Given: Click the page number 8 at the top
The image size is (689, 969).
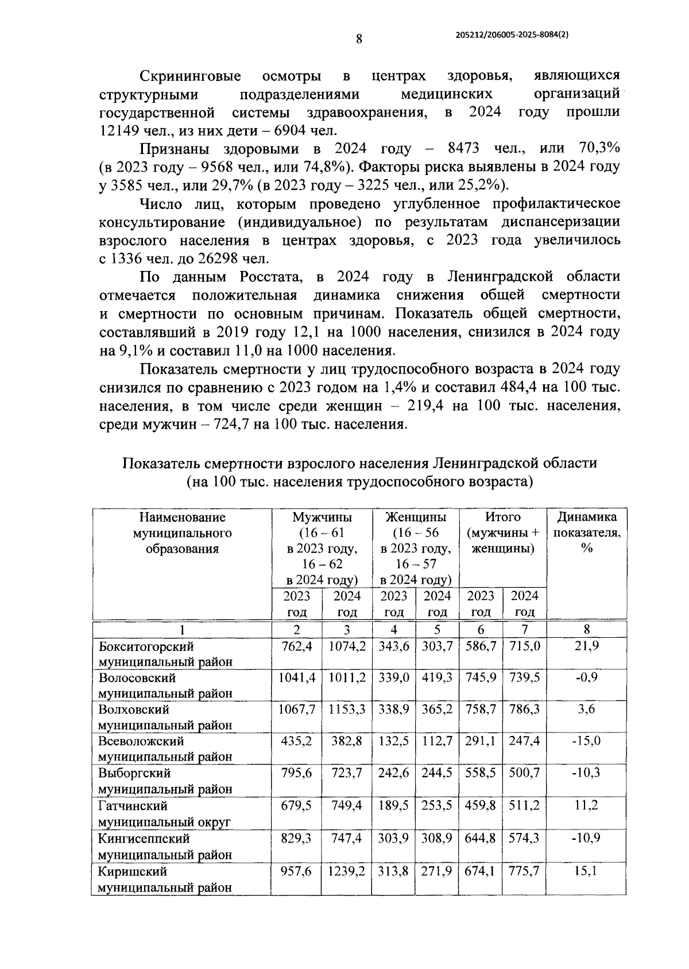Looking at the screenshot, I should pos(359,39).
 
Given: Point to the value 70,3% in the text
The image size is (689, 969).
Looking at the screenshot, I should pos(599,149).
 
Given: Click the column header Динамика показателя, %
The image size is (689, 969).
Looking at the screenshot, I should pos(586,532).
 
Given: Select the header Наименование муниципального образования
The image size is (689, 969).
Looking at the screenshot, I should pos(182,532).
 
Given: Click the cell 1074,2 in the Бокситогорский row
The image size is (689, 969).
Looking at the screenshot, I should pos(347,646).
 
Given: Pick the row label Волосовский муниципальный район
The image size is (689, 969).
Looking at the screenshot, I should pos(166,685).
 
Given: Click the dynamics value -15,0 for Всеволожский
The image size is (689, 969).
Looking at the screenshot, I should pos(586,741).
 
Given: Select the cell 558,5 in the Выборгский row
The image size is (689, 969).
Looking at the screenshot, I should pos(481,773).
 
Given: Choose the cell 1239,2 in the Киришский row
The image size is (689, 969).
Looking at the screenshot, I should pos(347,871).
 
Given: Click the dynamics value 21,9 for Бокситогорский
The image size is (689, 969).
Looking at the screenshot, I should pos(586,646).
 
